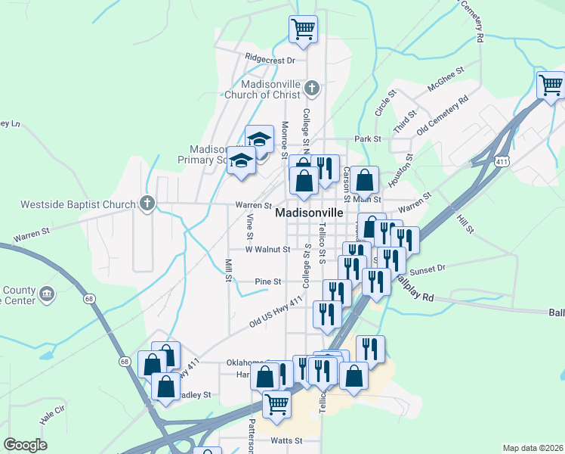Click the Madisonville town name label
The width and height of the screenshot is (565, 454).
[x=314, y=213]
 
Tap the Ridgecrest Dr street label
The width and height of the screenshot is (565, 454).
[x=270, y=58]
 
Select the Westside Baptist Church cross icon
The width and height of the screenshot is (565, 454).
[x=147, y=203]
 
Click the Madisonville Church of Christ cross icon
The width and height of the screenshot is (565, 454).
[x=311, y=90]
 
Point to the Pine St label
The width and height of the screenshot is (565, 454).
[x=267, y=281]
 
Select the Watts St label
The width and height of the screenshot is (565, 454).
[x=286, y=440]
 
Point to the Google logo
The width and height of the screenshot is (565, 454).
[x=25, y=445]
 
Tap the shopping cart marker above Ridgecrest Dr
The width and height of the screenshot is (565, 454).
[x=303, y=30]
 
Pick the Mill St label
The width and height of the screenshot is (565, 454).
[x=227, y=270]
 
